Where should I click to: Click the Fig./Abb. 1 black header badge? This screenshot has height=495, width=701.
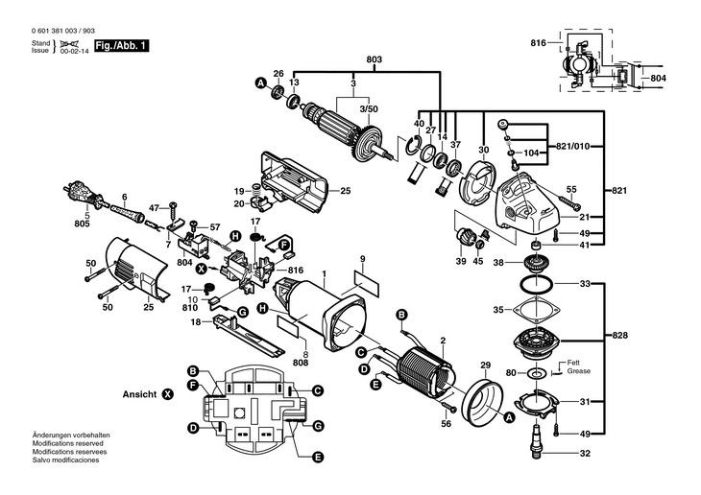click(x=121, y=45)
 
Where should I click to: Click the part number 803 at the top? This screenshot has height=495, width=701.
click(x=374, y=60)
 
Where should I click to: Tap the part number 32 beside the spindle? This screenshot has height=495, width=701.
click(x=585, y=453)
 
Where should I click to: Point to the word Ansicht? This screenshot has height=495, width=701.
click(x=139, y=394)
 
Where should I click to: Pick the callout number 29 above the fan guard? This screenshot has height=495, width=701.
click(x=485, y=365)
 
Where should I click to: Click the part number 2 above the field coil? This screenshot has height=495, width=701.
click(x=442, y=340)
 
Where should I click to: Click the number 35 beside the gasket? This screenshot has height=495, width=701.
click(x=497, y=309)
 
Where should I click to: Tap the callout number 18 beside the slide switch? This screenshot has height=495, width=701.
click(x=195, y=323)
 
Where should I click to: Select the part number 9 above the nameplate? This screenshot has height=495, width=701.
click(x=363, y=259)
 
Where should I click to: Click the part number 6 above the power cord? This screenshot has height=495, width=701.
click(x=124, y=198)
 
